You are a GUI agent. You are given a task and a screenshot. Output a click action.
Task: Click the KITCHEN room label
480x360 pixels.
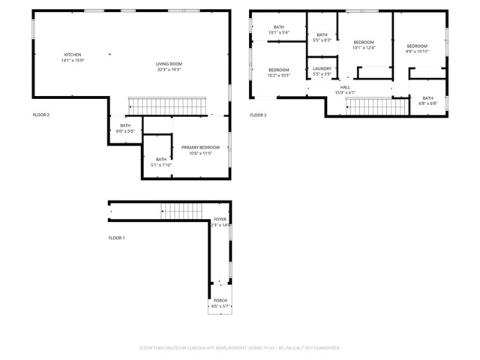pyautogui.click(x=73, y=55)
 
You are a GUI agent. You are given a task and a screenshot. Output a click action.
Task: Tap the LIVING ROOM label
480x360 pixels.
pyautogui.click(x=169, y=64)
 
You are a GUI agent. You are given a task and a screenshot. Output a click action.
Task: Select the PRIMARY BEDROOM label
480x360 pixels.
pyautogui.click(x=200, y=148)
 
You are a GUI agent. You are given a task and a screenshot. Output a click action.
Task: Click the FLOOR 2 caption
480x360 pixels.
pyautogui.click(x=41, y=115)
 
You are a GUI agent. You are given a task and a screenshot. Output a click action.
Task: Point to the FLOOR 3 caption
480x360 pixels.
pyautogui.click(x=258, y=115)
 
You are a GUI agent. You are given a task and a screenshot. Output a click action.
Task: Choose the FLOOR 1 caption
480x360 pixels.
pyautogui.click(x=116, y=238)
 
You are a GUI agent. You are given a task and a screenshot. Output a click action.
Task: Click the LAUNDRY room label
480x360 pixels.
pyautogui.click(x=322, y=69)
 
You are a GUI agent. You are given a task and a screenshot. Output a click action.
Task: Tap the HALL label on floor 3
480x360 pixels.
pyautogui.click(x=345, y=88)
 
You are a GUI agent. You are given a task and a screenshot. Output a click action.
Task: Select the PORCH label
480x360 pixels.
pyautogui.click(x=220, y=301)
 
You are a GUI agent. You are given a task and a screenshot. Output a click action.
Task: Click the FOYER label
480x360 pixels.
pyautogui.click(x=220, y=220)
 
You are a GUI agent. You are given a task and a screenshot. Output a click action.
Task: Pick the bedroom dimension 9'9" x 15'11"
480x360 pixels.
pyautogui.click(x=417, y=52)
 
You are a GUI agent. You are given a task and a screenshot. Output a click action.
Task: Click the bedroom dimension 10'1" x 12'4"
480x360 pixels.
pyautogui.click(x=364, y=48)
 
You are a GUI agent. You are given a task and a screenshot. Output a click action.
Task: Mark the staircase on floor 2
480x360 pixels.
pyautogui.click(x=168, y=106)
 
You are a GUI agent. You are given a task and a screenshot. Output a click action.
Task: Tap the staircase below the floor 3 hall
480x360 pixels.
pyautogui.click(x=367, y=107)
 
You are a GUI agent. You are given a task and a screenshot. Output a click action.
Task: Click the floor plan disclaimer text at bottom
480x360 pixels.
pyautogui.click(x=240, y=348)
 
